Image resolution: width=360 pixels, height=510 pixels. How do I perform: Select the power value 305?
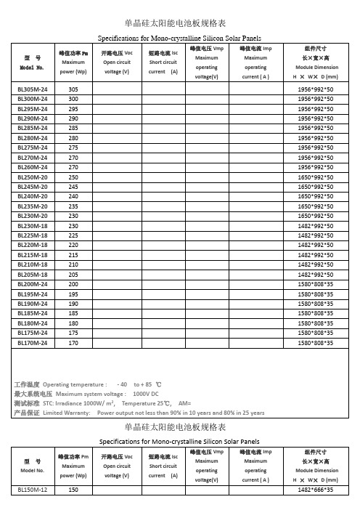73,89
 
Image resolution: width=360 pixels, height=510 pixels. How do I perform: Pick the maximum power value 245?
73,187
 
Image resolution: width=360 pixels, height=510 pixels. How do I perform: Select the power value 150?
73,490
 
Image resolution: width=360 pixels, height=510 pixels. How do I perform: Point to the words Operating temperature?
75,383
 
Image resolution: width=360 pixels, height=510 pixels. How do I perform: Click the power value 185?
73,314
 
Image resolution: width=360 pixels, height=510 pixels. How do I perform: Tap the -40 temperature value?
123,383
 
